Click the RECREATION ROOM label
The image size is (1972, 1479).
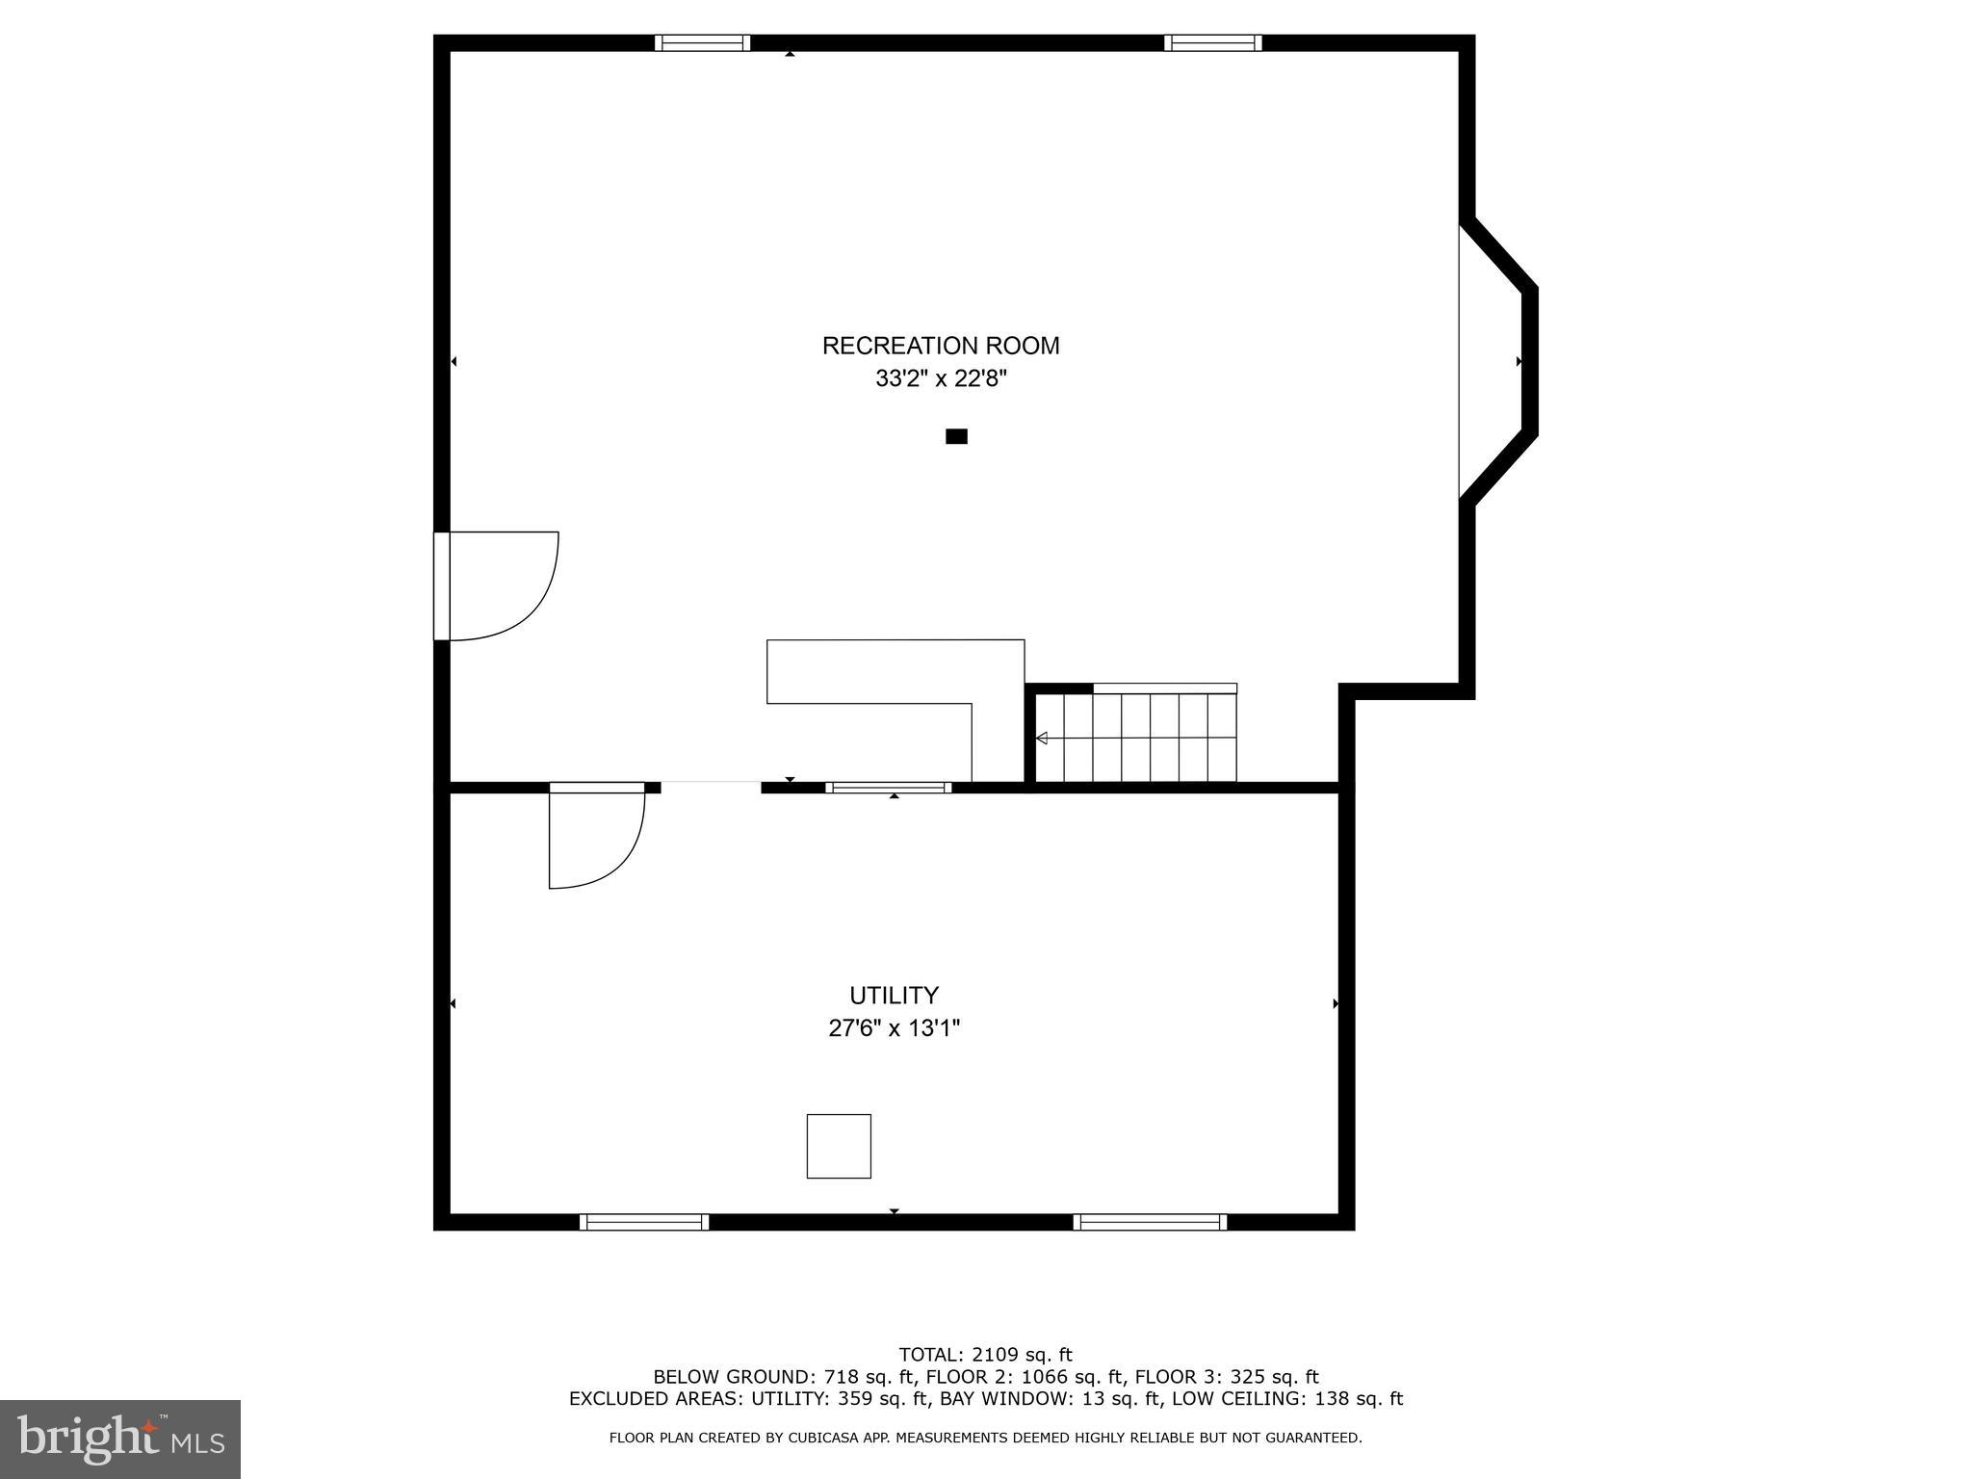[x=940, y=346]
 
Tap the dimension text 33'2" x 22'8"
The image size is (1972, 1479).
[x=940, y=379]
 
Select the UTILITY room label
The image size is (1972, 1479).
[x=894, y=995]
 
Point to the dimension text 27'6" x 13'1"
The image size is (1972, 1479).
[x=894, y=1028]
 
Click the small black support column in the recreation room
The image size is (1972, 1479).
[x=956, y=436]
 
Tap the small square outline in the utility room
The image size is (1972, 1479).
[x=839, y=1146]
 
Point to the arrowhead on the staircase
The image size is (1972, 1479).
[x=1041, y=739]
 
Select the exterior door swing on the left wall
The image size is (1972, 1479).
[x=501, y=585]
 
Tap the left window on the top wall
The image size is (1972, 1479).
[x=702, y=42]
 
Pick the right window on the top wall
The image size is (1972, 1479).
[x=1212, y=42]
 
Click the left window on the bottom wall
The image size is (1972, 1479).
[x=644, y=1222]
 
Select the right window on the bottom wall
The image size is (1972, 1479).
[x=1150, y=1222]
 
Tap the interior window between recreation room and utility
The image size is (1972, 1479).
[x=888, y=788]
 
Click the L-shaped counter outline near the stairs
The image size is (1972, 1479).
[x=895, y=671]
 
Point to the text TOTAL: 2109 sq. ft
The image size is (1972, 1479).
[x=985, y=1355]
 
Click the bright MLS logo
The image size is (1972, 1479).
[x=120, y=1439]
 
